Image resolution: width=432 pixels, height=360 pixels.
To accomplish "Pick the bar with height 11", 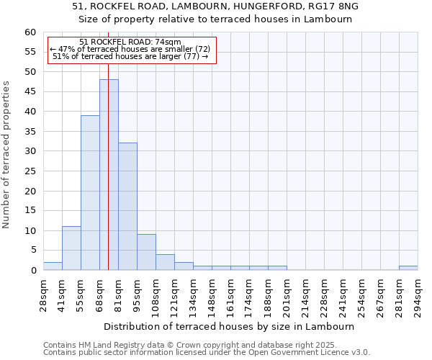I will tap(71, 248).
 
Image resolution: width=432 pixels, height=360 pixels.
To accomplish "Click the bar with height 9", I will tap(146, 252).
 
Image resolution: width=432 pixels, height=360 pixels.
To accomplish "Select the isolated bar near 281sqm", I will tap(408, 269).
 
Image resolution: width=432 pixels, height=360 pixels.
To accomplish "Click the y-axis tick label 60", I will tap(30, 32).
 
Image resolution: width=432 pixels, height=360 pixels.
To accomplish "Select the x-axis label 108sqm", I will tap(156, 293).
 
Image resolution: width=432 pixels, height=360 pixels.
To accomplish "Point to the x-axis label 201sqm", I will tap(287, 293).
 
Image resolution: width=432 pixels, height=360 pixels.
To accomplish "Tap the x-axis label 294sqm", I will tap(418, 293).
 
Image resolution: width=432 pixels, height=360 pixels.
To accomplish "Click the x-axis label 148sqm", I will tap(212, 293).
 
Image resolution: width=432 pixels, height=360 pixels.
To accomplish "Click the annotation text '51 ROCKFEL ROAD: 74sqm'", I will tap(130, 42).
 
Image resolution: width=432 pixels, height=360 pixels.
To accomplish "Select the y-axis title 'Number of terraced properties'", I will tap(6, 155).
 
